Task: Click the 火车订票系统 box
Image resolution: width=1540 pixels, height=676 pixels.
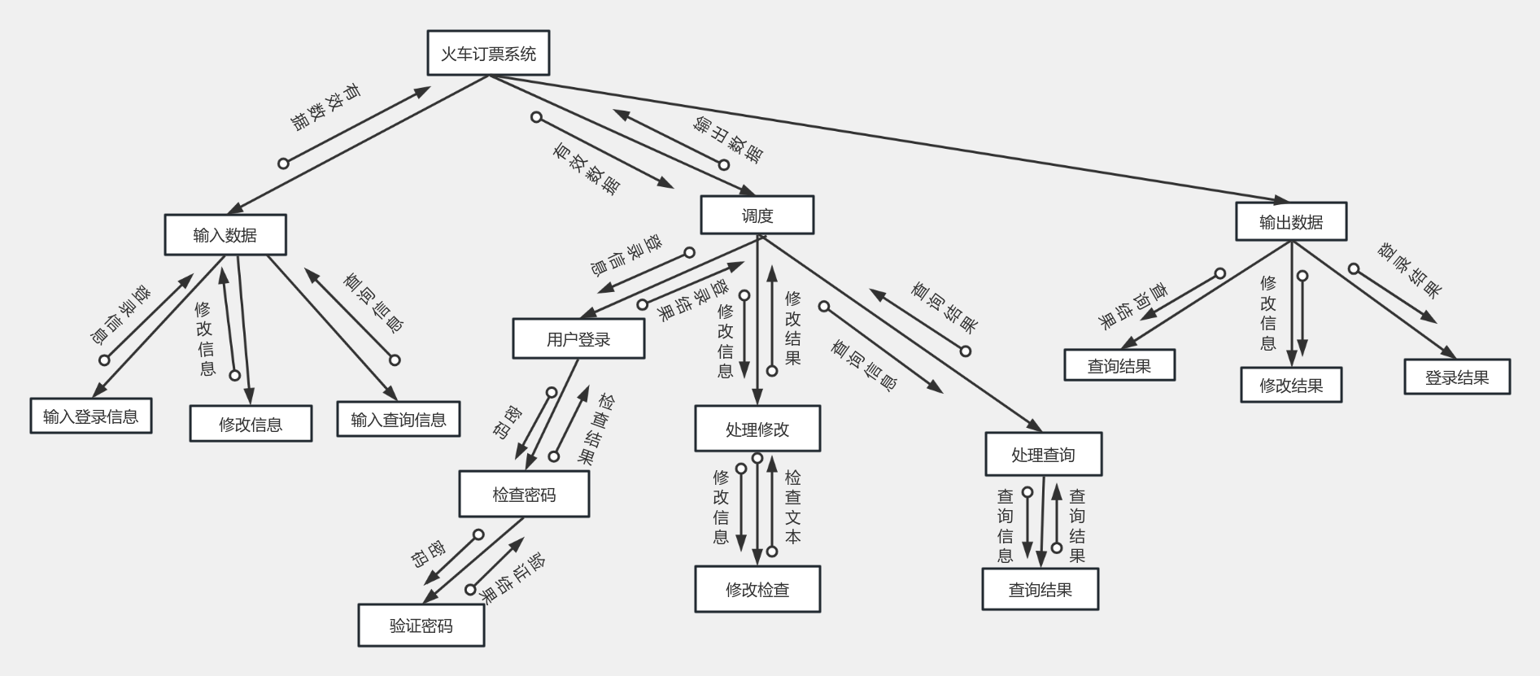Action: (x=488, y=54)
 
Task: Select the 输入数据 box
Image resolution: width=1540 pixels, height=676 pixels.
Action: (x=225, y=235)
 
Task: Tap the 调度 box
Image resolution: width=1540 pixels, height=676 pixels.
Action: (x=757, y=216)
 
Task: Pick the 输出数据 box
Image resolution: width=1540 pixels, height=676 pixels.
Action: (x=1291, y=222)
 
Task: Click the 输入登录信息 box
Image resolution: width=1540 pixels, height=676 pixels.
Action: (x=91, y=417)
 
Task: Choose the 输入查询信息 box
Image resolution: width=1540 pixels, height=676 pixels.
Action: (x=399, y=420)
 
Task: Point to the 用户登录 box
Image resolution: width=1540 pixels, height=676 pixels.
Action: (x=578, y=339)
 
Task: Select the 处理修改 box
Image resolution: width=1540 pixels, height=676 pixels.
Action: (x=757, y=429)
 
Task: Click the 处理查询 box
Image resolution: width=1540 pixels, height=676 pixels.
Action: (x=1043, y=455)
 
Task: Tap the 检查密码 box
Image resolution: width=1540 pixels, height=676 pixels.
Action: (x=524, y=495)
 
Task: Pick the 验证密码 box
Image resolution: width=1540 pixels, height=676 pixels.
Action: (x=421, y=626)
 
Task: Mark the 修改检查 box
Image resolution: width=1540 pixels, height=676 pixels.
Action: (x=757, y=590)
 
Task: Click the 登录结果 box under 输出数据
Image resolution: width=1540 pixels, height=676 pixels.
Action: (x=1457, y=377)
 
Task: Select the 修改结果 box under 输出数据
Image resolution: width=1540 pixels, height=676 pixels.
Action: (x=1291, y=386)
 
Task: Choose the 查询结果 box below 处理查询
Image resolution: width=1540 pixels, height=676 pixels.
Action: (x=1040, y=590)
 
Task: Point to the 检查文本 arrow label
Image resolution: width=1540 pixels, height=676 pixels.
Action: (x=792, y=507)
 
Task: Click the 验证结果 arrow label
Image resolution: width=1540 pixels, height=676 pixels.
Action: (x=513, y=578)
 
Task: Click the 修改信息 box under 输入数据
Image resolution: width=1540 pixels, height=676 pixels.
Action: (x=251, y=424)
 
